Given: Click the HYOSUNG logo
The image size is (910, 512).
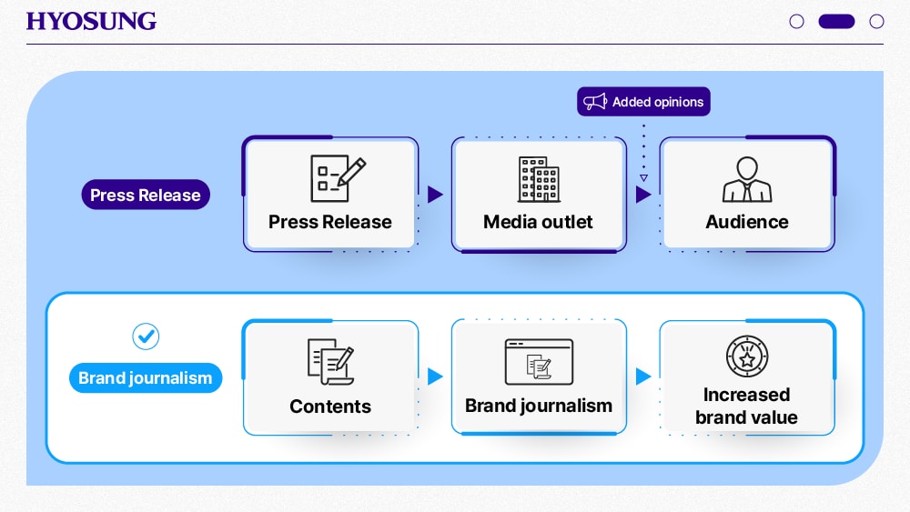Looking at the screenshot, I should point(91,21).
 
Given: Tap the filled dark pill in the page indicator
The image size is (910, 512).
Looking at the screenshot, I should point(836,21).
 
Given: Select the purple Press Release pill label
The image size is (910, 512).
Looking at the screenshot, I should point(146,195).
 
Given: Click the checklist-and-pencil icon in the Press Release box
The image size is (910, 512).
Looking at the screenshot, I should point(338,178).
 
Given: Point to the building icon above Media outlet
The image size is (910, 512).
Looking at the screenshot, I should point(538,179).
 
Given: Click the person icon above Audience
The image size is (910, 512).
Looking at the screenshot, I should point(747,180).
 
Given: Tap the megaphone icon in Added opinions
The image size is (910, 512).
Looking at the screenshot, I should point(595,102).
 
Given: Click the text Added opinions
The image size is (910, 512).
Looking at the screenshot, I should point(657,102).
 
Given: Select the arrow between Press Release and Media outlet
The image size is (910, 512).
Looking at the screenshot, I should point(435,195).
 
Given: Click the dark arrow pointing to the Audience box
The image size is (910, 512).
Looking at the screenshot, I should point(643,195).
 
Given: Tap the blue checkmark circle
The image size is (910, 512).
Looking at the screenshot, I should point(146,336).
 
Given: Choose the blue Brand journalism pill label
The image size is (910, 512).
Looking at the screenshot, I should point(146,378).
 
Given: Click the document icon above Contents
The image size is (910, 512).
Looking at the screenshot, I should point(329,361).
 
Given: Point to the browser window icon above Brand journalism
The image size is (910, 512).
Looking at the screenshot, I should point(539,362).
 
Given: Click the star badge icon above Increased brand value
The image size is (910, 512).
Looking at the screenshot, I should point(747,356).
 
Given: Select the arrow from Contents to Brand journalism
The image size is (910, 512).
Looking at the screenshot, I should point(435,376).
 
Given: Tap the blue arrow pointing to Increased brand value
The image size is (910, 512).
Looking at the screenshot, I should point(643,376).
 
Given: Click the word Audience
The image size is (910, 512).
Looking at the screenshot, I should point(747,222).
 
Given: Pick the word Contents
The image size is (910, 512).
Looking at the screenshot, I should point(330,407).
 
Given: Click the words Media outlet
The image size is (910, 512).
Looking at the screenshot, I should point(538,222).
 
